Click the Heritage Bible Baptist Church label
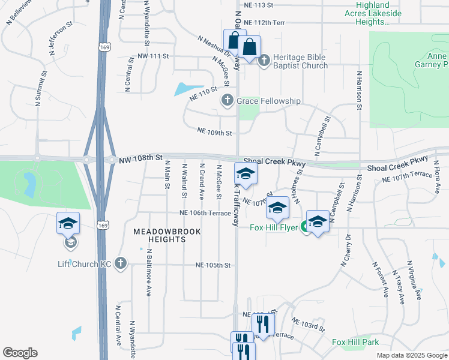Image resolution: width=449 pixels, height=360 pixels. [300, 61]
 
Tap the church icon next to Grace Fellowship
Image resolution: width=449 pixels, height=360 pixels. [228, 101]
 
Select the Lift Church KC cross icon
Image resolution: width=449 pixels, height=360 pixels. [121, 263]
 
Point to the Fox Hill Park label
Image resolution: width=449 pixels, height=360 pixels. [355, 341]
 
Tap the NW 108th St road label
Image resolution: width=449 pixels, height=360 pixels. [141, 158]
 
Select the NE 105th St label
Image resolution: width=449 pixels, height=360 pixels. [213, 265]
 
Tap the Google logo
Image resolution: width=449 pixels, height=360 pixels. [20, 353]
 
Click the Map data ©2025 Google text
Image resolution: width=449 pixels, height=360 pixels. [411, 355]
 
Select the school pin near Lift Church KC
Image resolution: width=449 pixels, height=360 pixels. [68, 223]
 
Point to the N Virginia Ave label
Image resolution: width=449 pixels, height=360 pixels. [413, 280]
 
